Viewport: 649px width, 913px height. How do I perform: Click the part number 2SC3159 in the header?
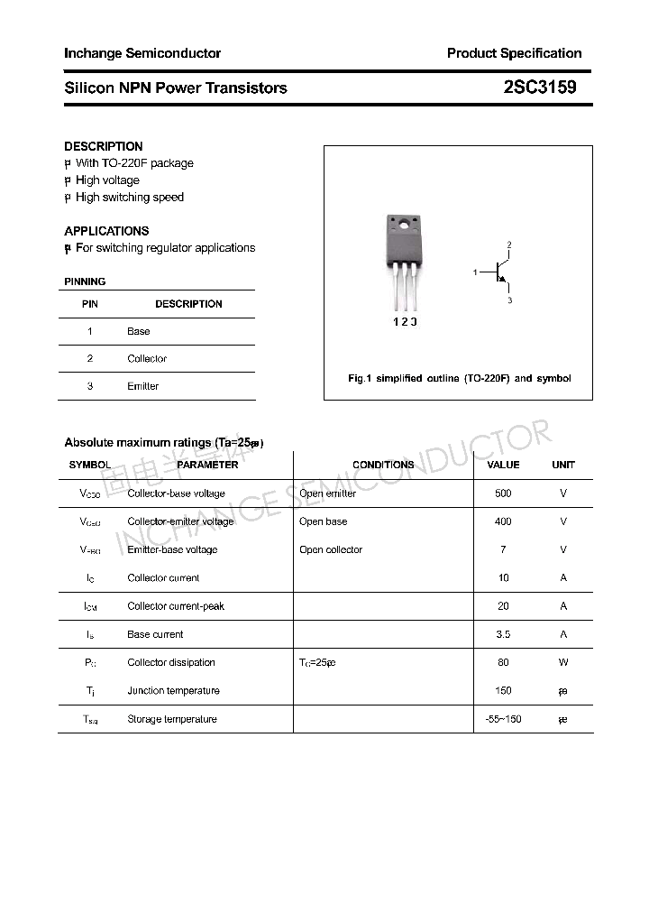540,88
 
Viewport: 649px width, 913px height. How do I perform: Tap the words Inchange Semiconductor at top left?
142,53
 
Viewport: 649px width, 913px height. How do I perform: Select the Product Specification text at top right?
514,53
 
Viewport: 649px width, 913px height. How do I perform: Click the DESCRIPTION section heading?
104,146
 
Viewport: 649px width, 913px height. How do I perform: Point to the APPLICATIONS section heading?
106,231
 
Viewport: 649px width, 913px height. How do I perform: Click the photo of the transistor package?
402,258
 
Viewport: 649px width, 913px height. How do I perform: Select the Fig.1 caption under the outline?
459,379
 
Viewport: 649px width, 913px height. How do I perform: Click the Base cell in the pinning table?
139,331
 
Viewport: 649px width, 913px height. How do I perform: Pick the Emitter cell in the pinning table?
142,386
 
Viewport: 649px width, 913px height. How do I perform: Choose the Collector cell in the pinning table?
147,359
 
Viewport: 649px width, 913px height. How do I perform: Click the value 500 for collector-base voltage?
503,493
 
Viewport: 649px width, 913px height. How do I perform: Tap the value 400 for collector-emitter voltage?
503,521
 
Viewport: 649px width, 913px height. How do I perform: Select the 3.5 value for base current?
503,634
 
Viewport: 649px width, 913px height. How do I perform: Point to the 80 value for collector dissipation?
503,662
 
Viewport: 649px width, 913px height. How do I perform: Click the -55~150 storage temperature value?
503,719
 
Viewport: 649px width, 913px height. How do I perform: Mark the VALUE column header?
503,465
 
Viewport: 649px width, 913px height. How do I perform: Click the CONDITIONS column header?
383,465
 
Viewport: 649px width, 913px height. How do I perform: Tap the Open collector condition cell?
331,549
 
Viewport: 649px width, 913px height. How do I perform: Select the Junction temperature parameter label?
173,691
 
